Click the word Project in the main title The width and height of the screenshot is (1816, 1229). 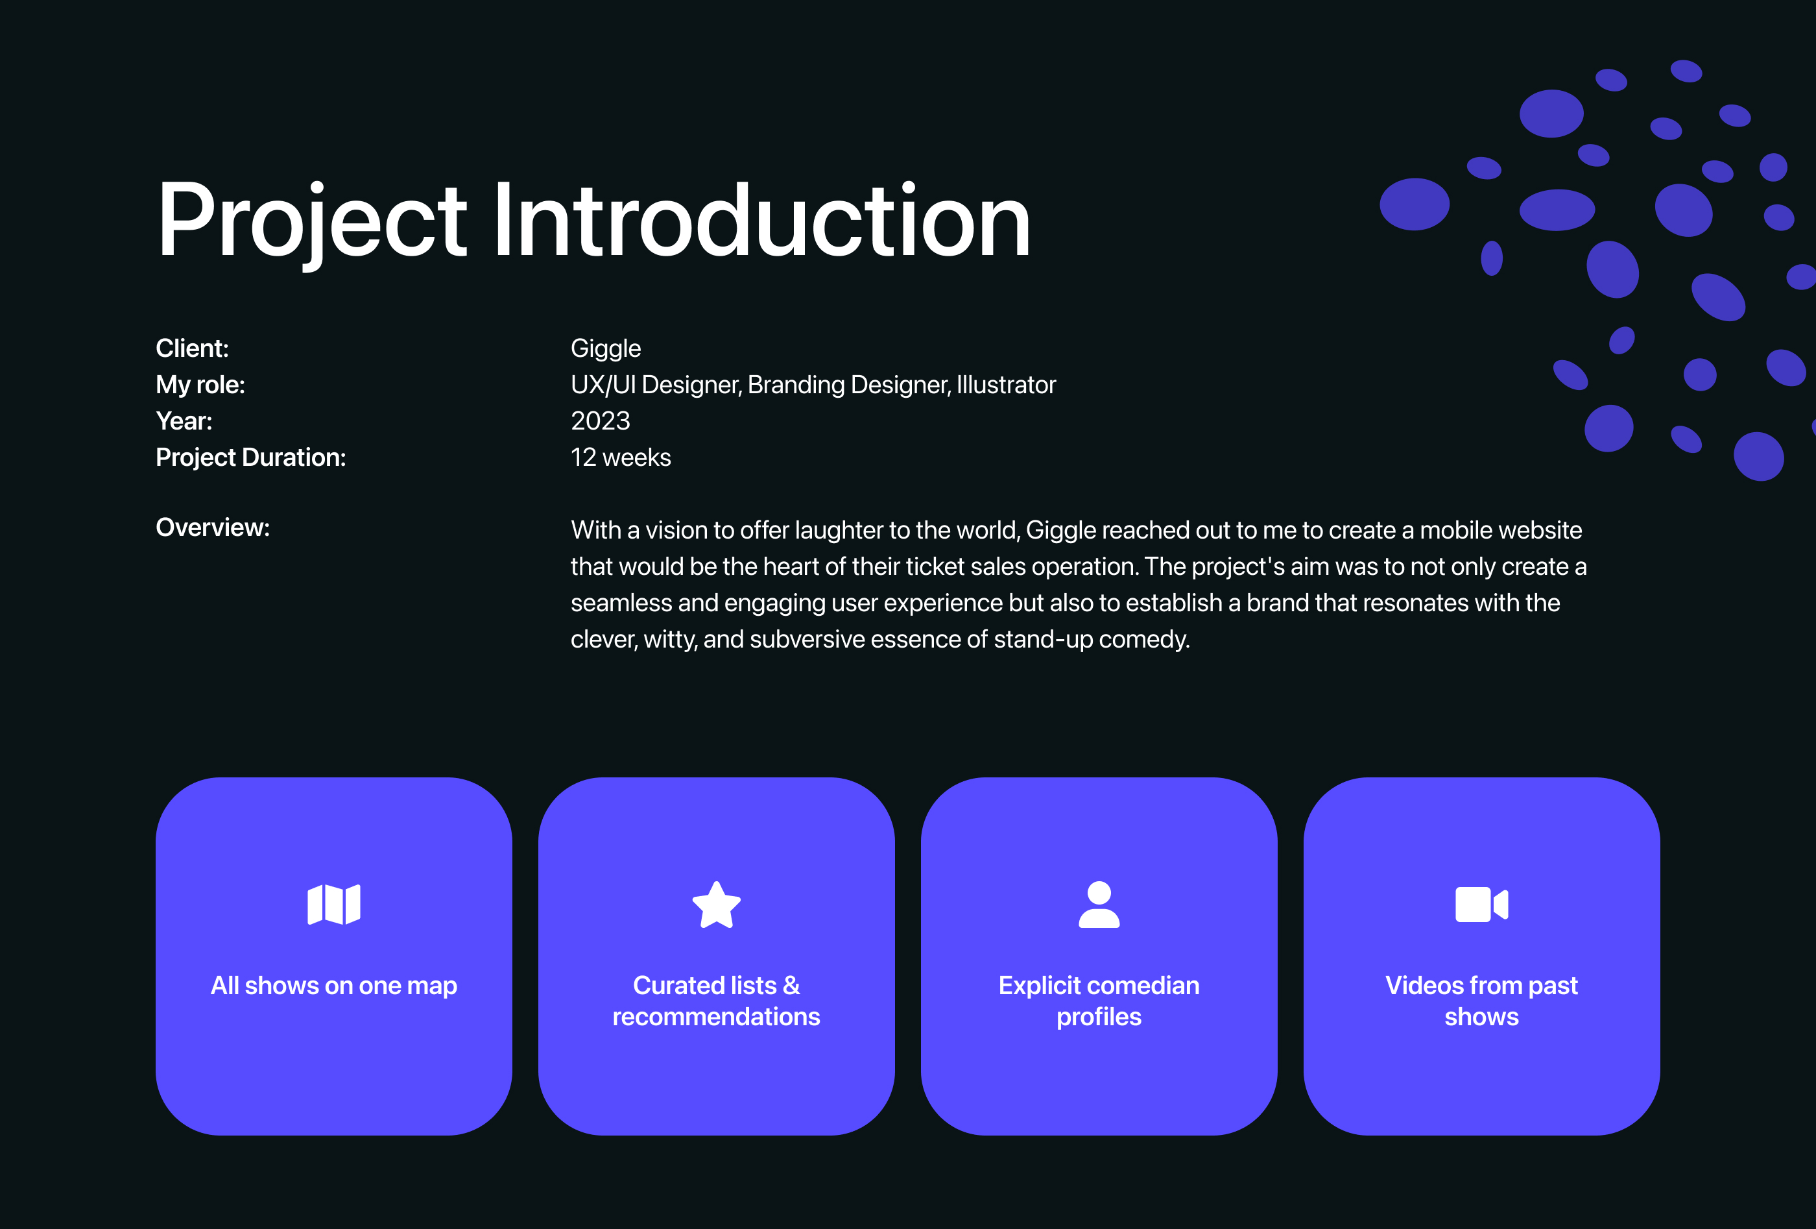(x=313, y=221)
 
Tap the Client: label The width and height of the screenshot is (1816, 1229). (x=192, y=348)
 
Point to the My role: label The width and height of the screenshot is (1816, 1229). (x=200, y=385)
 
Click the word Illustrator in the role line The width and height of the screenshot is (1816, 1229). (x=1007, y=385)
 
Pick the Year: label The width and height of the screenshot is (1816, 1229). (x=184, y=421)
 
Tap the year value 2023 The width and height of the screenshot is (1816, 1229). (x=600, y=421)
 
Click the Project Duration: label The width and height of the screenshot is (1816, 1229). (x=251, y=457)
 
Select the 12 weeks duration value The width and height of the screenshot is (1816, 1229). (x=621, y=457)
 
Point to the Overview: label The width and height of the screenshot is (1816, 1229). (x=213, y=528)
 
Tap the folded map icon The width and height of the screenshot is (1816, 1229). (x=333, y=905)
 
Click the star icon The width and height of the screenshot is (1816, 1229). (x=717, y=905)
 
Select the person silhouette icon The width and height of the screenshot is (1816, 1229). (x=1099, y=905)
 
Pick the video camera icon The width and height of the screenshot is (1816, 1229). (x=1481, y=905)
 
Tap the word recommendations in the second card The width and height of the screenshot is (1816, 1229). (x=717, y=1016)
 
